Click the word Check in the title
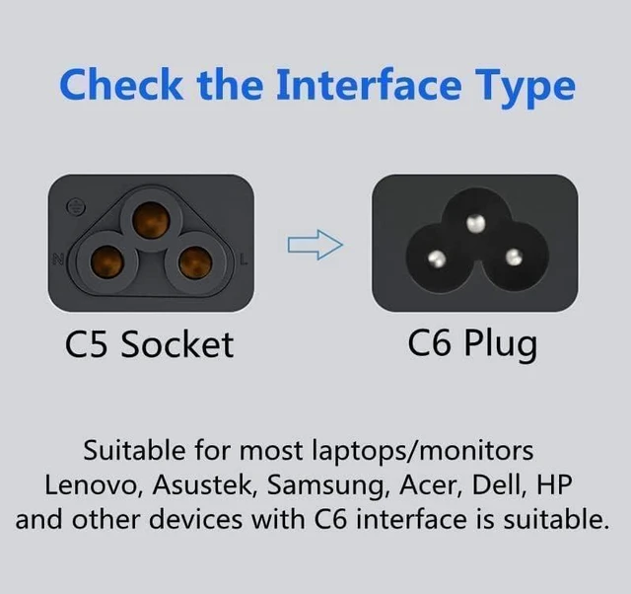(120, 85)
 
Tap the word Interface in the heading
(369, 85)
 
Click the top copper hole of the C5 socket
(151, 221)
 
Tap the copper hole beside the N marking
(106, 263)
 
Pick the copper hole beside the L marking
(195, 263)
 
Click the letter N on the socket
(58, 259)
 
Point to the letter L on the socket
(244, 259)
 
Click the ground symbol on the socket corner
(75, 207)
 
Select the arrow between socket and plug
(315, 245)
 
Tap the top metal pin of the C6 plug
(475, 223)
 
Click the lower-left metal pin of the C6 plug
(437, 259)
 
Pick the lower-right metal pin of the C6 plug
(514, 257)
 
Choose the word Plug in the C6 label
(501, 345)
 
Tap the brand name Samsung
(325, 486)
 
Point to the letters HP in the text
(554, 484)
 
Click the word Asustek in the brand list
(205, 484)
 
